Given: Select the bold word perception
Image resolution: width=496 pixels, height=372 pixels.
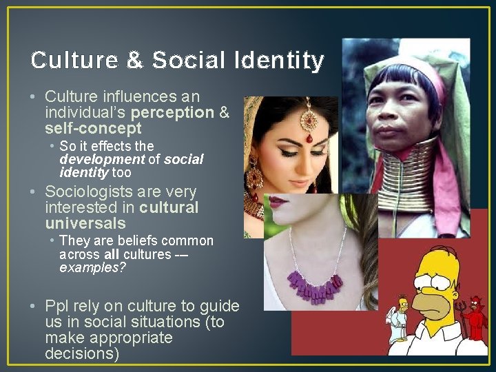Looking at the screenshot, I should tap(172, 112).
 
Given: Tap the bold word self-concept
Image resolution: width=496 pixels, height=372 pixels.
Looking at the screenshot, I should tap(93, 128).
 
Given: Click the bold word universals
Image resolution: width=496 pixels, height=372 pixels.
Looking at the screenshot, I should tap(85, 223).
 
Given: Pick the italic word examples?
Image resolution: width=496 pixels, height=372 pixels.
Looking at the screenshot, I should tap(92, 267).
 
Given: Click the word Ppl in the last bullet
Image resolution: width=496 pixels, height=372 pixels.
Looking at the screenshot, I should tap(58, 306).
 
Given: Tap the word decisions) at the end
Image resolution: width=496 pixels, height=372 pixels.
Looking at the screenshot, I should tap(82, 354).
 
